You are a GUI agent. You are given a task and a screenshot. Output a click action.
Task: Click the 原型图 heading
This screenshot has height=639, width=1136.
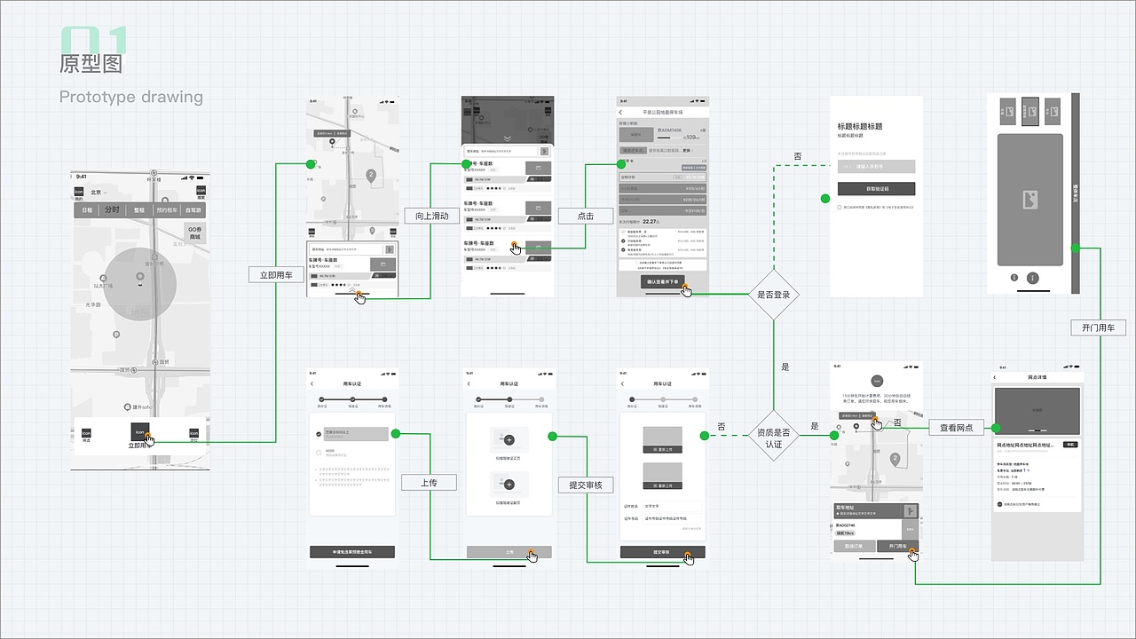[91, 64]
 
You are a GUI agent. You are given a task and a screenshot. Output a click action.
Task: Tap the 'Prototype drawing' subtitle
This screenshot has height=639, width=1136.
[131, 97]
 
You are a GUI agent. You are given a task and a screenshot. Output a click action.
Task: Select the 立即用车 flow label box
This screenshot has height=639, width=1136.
[276, 275]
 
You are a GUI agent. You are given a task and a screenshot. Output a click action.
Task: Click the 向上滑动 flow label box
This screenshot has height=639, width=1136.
[432, 216]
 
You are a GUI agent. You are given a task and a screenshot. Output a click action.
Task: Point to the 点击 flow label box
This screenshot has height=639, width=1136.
[585, 216]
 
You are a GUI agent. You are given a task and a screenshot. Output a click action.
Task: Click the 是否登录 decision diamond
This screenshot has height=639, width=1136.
[773, 294]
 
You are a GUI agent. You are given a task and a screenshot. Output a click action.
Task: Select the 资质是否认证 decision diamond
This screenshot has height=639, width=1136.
[773, 438]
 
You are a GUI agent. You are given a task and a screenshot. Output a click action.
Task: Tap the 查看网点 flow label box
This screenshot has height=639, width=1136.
[956, 428]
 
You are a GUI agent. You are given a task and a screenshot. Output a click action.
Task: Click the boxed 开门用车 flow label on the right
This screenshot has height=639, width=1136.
[1099, 327]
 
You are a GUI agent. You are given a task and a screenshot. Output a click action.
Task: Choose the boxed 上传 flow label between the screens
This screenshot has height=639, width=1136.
[429, 483]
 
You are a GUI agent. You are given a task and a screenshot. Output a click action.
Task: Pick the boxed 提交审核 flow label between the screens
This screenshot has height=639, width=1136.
[586, 485]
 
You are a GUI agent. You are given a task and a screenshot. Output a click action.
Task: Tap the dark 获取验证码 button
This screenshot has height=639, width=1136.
[876, 189]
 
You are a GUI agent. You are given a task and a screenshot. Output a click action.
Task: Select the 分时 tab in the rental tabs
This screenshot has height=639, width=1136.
[112, 210]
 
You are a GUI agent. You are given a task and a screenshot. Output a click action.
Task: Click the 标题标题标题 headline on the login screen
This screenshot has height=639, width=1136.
[869, 126]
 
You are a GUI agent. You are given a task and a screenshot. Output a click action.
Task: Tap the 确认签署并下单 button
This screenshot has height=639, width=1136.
[662, 281]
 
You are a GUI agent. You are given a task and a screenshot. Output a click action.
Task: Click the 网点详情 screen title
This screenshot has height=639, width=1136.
[1037, 377]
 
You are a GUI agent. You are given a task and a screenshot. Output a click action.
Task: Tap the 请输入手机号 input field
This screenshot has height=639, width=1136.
[876, 166]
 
